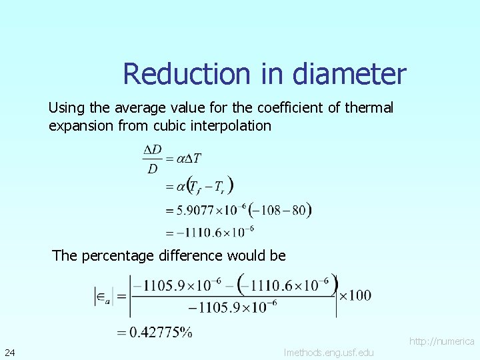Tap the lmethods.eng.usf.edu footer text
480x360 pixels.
[x=329, y=352]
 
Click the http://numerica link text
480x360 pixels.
[x=441, y=341]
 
